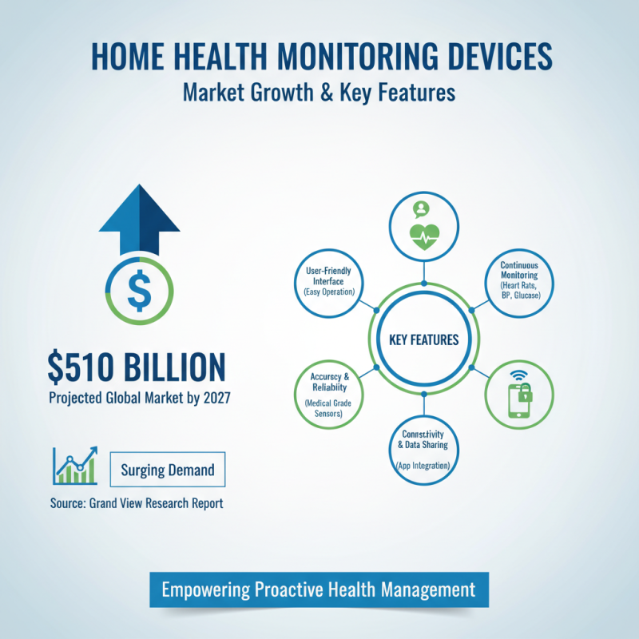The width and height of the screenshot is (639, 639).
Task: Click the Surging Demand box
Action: pos(168,470)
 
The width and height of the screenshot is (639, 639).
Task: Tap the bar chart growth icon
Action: pos(74,465)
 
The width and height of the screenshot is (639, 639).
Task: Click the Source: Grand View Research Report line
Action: pos(136,503)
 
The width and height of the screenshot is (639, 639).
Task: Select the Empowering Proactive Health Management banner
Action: pos(319,590)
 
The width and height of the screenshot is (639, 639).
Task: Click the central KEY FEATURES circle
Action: pos(423,340)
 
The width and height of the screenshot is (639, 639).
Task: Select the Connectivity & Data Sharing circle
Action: pos(423,448)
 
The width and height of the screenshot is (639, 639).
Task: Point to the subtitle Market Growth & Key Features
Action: pos(319,92)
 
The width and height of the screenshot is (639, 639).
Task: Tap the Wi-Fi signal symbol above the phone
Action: pos(520,375)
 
